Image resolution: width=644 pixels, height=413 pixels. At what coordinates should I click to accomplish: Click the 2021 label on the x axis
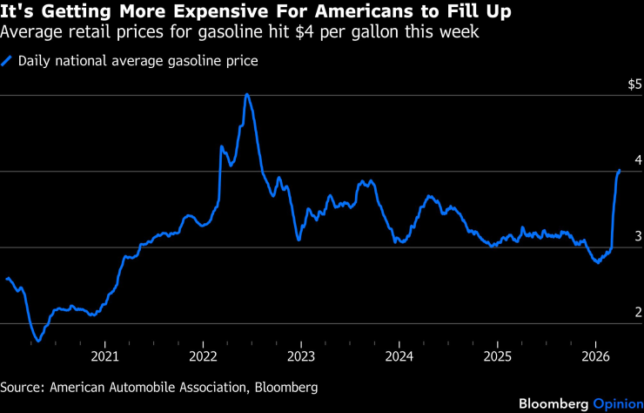pos(104,356)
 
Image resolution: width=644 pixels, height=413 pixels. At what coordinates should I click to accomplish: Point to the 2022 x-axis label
pos(203,356)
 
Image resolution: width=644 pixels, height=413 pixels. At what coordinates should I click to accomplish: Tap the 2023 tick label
pos(301,356)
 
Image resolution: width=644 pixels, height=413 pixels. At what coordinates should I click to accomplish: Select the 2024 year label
pos(399,356)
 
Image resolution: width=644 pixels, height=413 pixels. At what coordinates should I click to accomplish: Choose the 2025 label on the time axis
pos(497,356)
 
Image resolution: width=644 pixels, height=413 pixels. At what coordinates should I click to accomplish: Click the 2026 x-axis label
pos(595,356)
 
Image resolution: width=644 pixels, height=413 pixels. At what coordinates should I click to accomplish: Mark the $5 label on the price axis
pos(634,85)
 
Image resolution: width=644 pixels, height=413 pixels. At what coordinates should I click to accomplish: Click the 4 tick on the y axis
pos(638,160)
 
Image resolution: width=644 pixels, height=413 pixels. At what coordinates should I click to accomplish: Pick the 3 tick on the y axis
pos(638,236)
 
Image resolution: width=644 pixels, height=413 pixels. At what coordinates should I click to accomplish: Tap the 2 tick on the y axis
pos(638,312)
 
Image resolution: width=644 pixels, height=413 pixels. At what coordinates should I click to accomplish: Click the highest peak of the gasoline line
pos(247,94)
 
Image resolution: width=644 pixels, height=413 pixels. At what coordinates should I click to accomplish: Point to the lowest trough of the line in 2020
pos(38,342)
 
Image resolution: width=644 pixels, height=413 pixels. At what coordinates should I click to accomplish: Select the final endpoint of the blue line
pos(619,170)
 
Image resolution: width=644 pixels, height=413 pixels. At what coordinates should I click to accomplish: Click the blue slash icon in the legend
pos(7,61)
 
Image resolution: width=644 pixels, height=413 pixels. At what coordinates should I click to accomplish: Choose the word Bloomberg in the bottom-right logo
pos(553,403)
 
